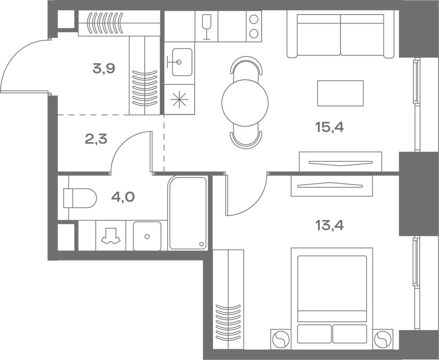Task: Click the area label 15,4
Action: [x=329, y=127]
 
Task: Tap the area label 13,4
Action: [x=329, y=225]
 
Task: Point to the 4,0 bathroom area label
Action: [x=123, y=197]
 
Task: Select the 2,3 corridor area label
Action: [x=96, y=139]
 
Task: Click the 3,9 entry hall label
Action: [x=104, y=68]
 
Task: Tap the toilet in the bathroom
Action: [x=80, y=198]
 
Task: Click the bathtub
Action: [x=188, y=213]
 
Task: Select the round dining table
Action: [x=245, y=103]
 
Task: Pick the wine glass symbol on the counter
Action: [x=207, y=27]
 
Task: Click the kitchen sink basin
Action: [x=182, y=62]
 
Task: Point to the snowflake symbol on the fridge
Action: [x=179, y=100]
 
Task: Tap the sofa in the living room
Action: [x=341, y=36]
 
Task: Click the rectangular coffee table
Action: [x=341, y=93]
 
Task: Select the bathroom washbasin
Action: [x=147, y=236]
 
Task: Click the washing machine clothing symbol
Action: [x=111, y=236]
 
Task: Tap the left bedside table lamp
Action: [x=281, y=340]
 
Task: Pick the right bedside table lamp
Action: [x=383, y=340]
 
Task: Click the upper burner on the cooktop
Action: [x=254, y=19]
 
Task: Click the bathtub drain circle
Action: [x=202, y=244]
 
